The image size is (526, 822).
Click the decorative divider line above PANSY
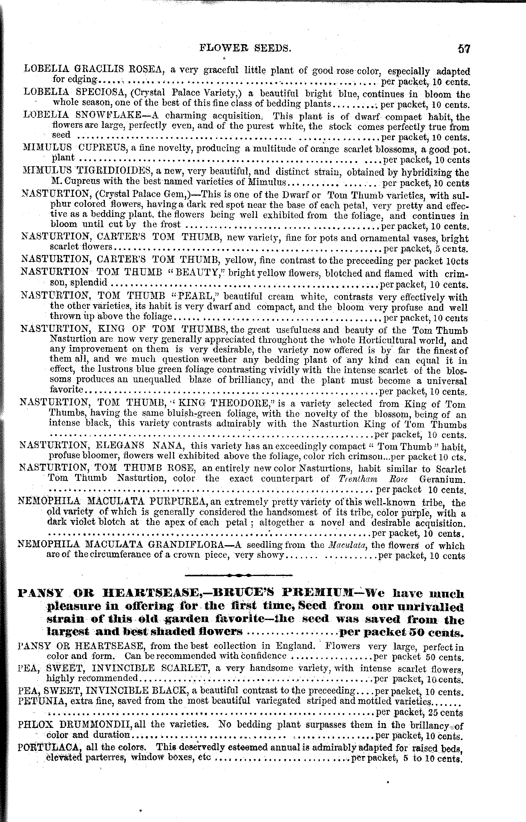238,575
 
